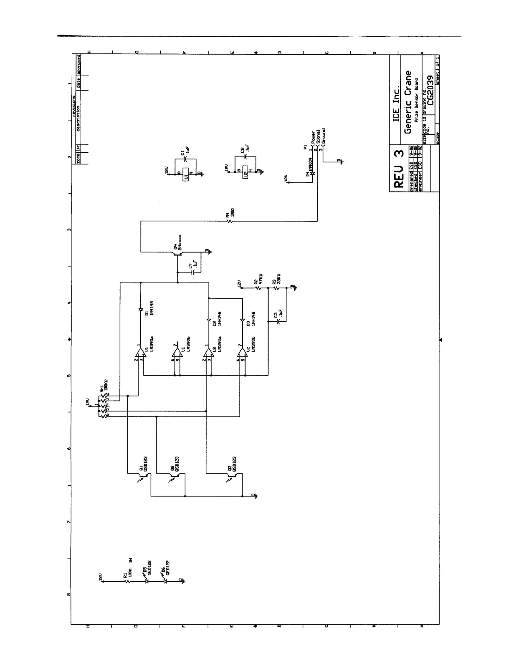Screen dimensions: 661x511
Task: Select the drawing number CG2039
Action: point(431,91)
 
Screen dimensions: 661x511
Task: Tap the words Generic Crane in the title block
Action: point(408,102)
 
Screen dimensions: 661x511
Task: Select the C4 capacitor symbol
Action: point(193,272)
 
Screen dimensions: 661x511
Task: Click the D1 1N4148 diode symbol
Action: point(140,310)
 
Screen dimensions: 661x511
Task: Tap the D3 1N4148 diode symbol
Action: point(243,320)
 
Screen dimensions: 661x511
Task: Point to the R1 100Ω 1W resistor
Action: point(129,581)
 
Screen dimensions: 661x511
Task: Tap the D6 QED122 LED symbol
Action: point(165,581)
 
